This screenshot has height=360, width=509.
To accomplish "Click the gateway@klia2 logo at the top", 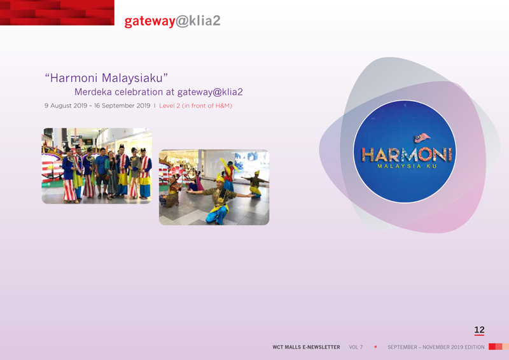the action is (172, 21).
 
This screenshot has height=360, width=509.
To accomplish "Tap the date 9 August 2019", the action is (66, 106).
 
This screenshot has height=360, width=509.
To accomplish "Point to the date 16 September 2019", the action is (122, 106).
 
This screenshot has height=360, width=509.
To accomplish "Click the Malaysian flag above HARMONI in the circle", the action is (422, 137).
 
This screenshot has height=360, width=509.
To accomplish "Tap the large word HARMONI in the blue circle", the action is (407, 155).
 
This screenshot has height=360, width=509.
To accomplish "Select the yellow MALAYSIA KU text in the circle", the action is (407, 166).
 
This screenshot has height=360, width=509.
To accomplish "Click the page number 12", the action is (479, 330).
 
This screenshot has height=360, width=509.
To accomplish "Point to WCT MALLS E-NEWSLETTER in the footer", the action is (306, 347).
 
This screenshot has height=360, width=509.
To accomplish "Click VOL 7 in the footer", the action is (356, 347).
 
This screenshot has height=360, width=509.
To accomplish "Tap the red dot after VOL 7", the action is (375, 347).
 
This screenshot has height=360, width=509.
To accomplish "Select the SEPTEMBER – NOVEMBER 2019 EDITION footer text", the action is (436, 347).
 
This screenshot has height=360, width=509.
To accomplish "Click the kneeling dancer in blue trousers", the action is (218, 200).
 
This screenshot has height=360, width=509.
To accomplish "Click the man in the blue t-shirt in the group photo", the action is (102, 172).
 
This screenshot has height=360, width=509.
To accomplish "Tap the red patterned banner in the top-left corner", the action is (57, 13).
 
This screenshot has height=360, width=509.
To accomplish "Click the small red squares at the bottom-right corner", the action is (499, 347).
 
